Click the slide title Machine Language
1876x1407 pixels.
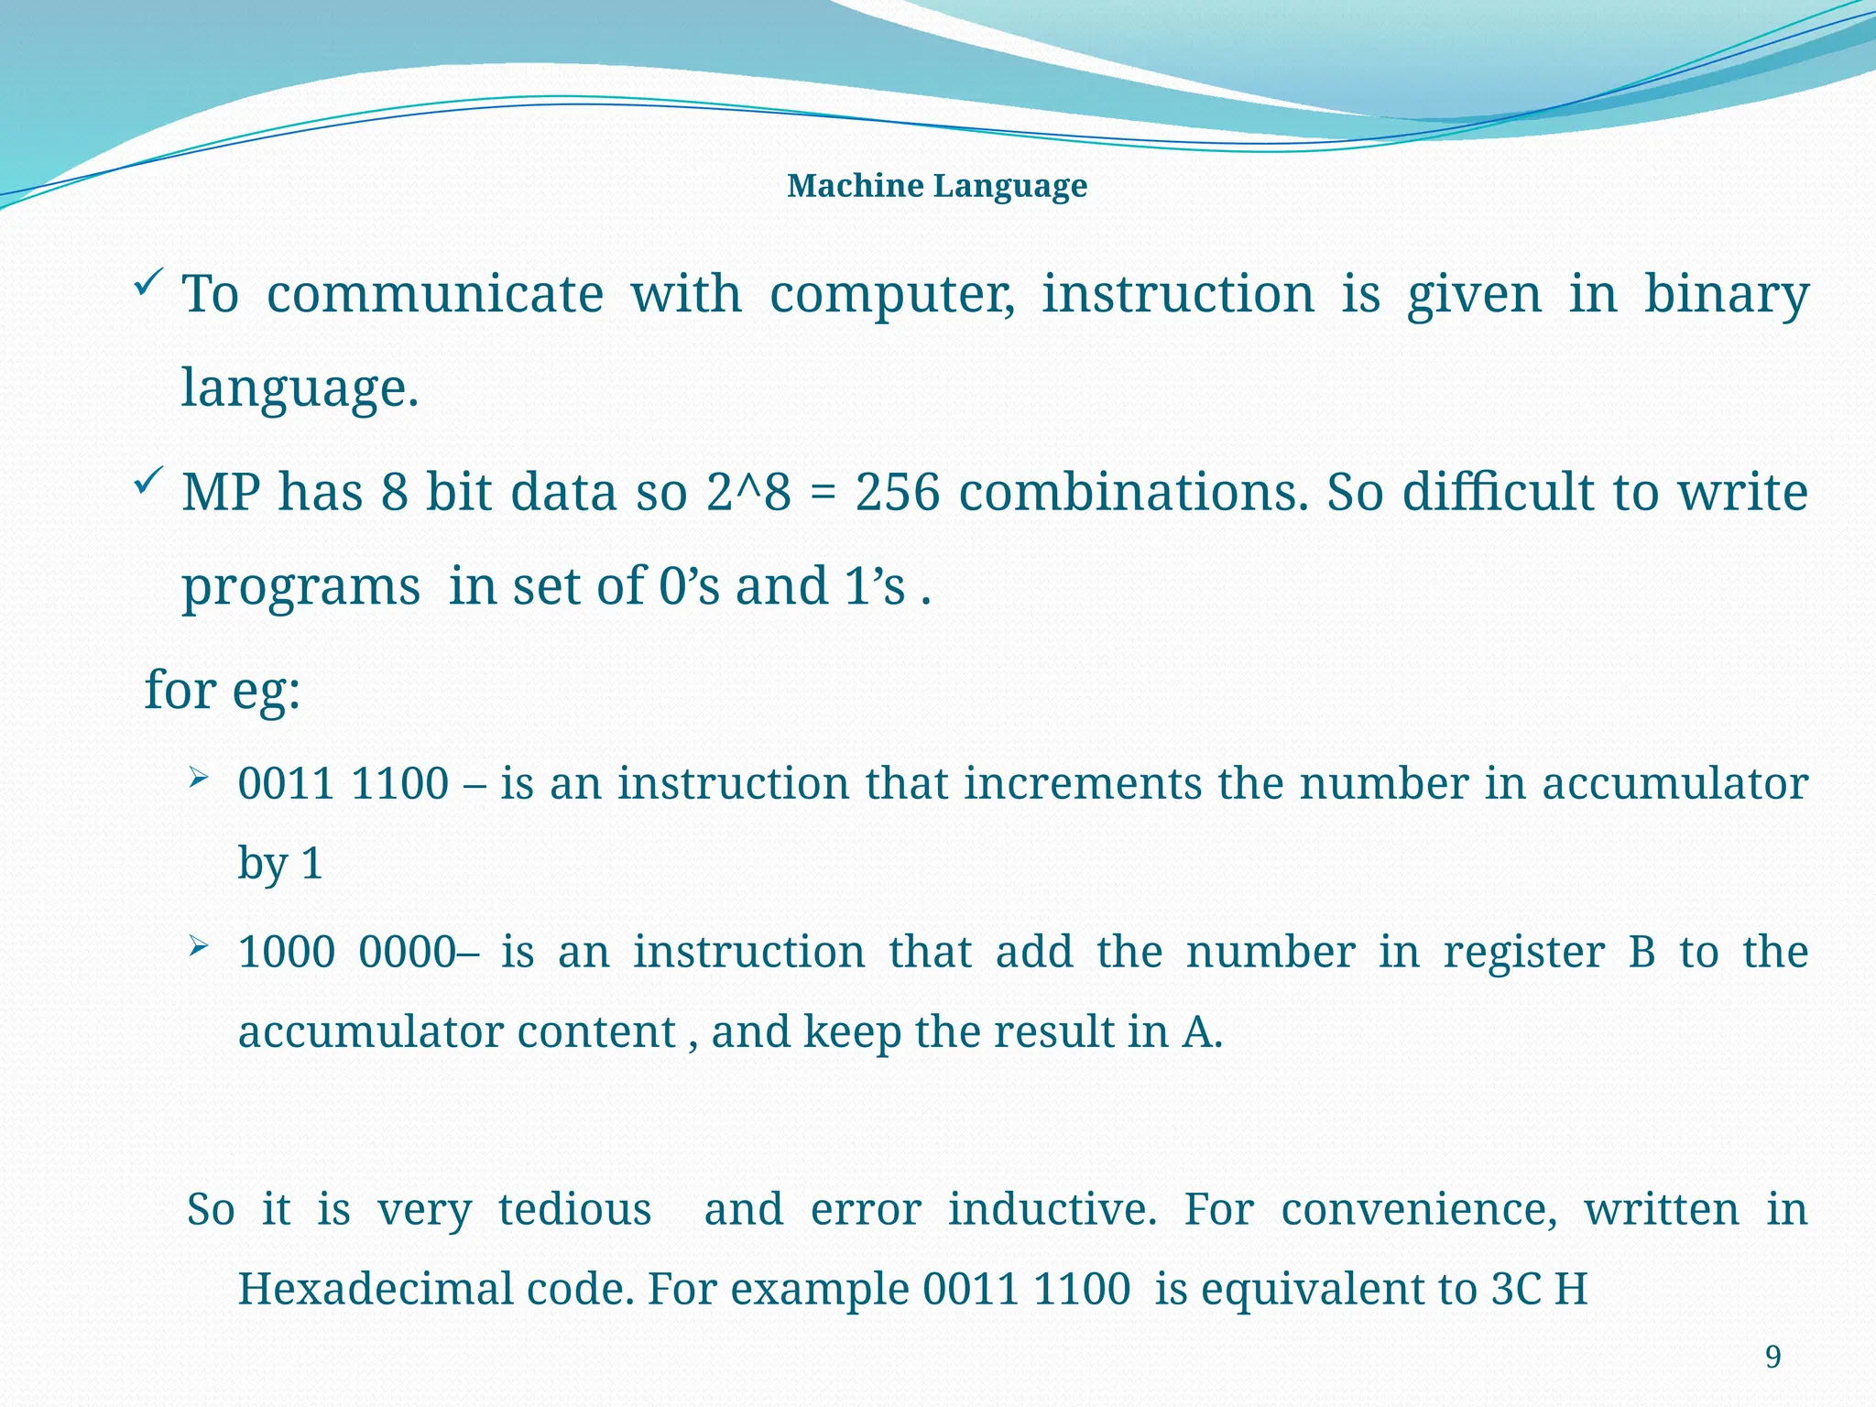pyautogui.click(x=936, y=186)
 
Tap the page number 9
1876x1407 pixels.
pyautogui.click(x=1772, y=1357)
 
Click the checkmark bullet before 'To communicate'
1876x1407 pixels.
pyautogui.click(x=148, y=281)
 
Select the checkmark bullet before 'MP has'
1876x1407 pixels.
pyautogui.click(x=148, y=479)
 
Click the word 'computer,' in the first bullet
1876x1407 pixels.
pyautogui.click(x=892, y=295)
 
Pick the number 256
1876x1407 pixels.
pyautogui.click(x=898, y=493)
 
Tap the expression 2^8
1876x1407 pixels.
pyautogui.click(x=748, y=493)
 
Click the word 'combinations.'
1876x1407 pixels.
pyautogui.click(x=1134, y=493)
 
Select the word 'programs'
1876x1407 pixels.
pyautogui.click(x=300, y=587)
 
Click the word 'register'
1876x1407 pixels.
pyautogui.click(x=1524, y=953)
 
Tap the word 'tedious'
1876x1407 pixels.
pyautogui.click(x=574, y=1209)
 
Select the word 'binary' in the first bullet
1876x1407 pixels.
pyautogui.click(x=1726, y=295)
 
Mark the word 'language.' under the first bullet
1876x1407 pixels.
pyautogui.click(x=300, y=388)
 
